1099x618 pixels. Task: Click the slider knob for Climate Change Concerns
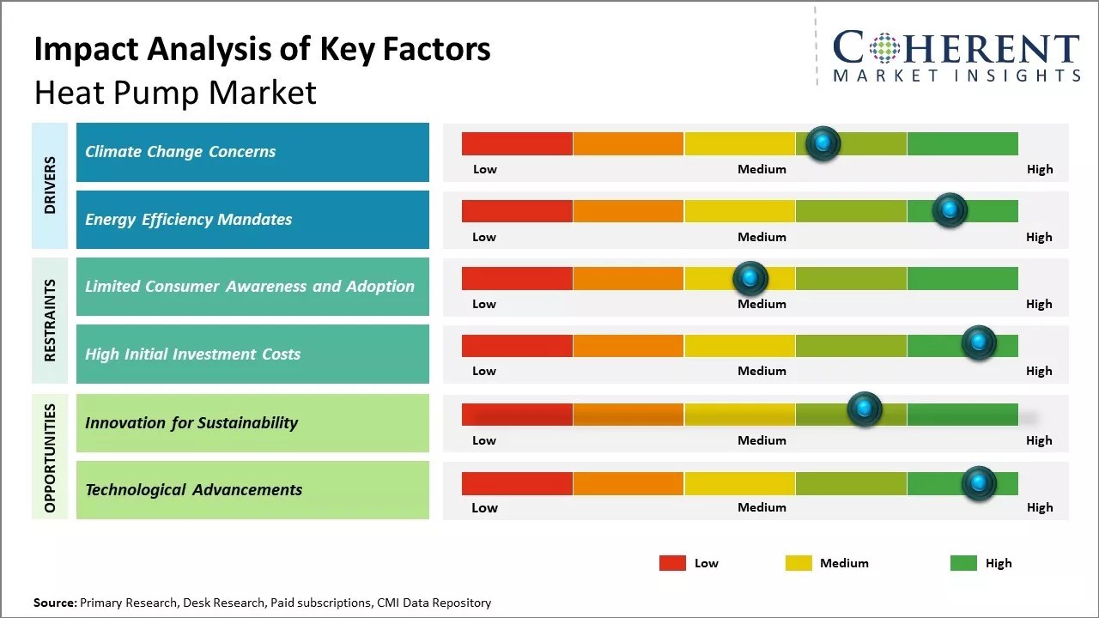(823, 143)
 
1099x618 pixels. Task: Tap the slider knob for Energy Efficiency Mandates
(950, 210)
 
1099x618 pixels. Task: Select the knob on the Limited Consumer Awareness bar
(750, 278)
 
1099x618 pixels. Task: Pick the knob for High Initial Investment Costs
(978, 343)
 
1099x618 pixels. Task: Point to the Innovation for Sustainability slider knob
(865, 409)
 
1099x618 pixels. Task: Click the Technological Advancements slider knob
(978, 483)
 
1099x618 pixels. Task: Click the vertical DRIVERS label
(50, 185)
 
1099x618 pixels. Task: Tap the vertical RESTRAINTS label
(50, 320)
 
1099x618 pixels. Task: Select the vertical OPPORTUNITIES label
(50, 457)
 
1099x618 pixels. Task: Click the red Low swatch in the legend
(672, 563)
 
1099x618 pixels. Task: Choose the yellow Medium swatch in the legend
(798, 563)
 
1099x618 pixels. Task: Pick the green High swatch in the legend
(963, 563)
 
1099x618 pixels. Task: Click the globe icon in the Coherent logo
(883, 49)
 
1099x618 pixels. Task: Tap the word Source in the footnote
(54, 603)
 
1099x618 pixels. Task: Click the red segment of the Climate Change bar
(517, 143)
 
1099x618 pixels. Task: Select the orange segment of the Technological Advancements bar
(628, 483)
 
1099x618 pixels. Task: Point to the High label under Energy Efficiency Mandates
(1039, 237)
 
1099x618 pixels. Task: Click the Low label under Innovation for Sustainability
(484, 440)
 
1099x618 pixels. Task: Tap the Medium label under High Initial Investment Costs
(762, 371)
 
